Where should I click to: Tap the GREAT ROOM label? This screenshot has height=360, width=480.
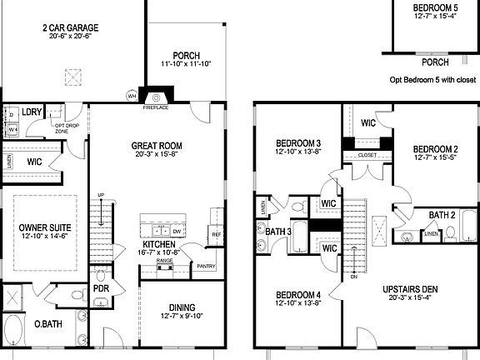tap(156, 146)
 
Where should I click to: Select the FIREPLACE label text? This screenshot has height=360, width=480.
tap(156, 107)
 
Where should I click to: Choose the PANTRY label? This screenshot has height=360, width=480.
tap(205, 266)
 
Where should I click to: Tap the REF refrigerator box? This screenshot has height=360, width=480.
tap(215, 235)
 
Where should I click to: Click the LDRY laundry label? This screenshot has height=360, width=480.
tap(32, 111)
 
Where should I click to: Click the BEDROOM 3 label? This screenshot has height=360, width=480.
tap(298, 143)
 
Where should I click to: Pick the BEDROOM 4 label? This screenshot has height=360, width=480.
tap(297, 294)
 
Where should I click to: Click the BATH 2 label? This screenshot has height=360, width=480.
tap(442, 215)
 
